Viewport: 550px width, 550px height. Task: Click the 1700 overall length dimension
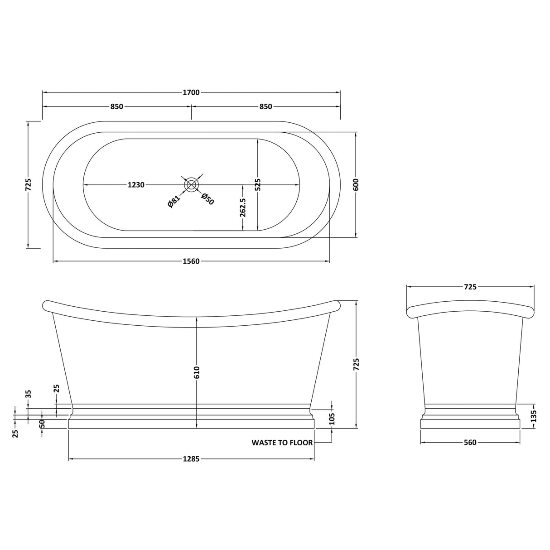point(191,92)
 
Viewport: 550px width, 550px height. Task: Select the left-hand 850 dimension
point(116,106)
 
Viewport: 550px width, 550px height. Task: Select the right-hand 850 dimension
point(265,106)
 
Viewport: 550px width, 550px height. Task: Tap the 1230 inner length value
point(136,185)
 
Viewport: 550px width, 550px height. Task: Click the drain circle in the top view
point(192,184)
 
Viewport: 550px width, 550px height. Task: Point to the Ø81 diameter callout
point(174,200)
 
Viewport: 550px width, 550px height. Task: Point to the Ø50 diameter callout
point(207,199)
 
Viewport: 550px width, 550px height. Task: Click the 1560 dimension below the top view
point(191,261)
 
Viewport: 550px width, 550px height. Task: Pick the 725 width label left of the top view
point(28,184)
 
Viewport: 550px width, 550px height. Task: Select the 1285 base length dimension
point(191,459)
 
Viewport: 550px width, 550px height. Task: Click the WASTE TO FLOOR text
point(282,443)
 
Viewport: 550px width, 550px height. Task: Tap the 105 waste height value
point(332,418)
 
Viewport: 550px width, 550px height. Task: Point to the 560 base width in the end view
point(470,443)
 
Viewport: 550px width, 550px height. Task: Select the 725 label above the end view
point(470,287)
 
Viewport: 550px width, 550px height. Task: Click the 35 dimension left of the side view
point(28,394)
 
